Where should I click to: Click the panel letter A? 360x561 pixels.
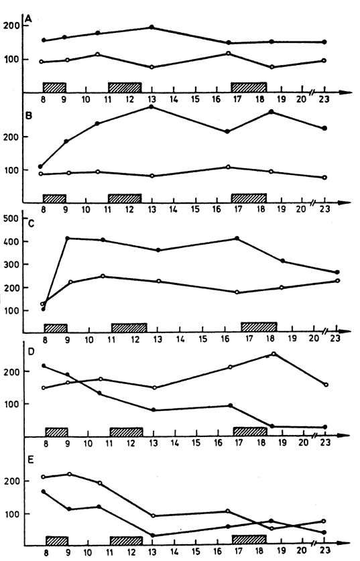(28, 19)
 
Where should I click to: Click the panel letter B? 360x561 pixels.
(29, 116)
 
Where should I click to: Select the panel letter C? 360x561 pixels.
(31, 225)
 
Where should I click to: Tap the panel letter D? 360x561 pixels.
(31, 352)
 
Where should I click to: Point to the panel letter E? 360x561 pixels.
(30, 460)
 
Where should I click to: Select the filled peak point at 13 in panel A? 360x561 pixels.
(152, 27)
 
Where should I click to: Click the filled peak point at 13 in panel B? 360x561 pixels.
(152, 107)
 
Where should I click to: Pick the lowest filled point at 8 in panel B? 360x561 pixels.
(40, 166)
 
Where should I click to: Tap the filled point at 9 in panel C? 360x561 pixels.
(68, 238)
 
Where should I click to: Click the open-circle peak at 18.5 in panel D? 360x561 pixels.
(274, 354)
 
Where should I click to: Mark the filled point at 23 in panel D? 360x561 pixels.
(325, 427)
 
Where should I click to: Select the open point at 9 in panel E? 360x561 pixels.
(70, 474)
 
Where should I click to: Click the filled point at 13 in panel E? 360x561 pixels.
(152, 536)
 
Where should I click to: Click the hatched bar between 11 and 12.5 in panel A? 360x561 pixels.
(125, 87)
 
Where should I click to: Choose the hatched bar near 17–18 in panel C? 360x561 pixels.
(259, 327)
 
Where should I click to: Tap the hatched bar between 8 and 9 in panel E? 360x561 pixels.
(57, 541)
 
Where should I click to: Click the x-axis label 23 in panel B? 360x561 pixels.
(324, 209)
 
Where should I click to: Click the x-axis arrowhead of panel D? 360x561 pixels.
(345, 436)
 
